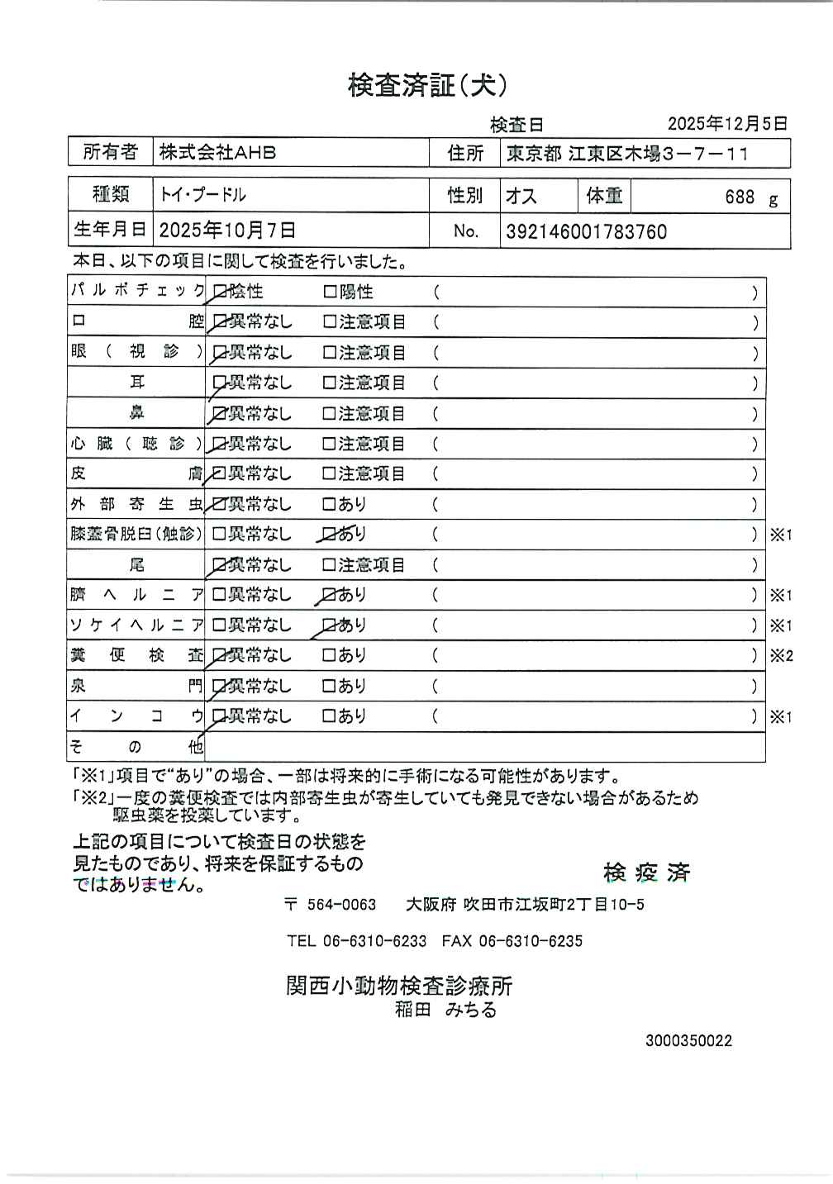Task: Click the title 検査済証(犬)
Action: (427, 85)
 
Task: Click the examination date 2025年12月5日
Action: (727, 124)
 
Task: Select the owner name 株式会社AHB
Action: (217, 153)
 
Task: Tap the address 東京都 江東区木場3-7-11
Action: (627, 154)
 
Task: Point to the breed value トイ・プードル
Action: (203, 196)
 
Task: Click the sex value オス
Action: (521, 197)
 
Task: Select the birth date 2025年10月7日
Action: (227, 231)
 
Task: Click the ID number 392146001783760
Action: (586, 232)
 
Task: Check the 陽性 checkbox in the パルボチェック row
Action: (330, 292)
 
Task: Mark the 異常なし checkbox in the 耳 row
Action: (219, 383)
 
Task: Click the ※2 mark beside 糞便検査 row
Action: (781, 656)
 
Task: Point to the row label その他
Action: (136, 747)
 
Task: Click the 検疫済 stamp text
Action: (646, 873)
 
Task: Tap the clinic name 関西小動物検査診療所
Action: (399, 986)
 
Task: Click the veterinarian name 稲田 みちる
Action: (445, 1010)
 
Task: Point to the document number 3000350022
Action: (688, 1041)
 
